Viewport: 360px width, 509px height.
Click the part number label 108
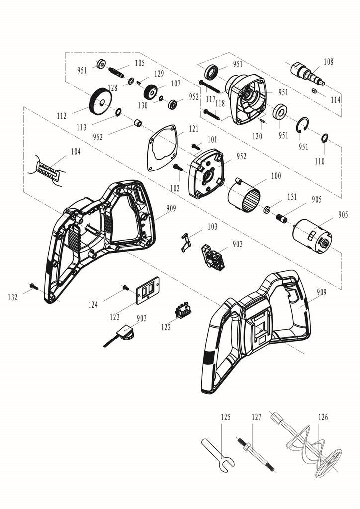point(328,62)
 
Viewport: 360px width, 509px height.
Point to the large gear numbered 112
point(100,102)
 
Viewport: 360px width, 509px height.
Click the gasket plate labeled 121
point(163,148)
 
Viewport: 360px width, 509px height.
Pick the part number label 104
point(75,151)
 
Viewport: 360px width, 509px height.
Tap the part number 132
point(13,297)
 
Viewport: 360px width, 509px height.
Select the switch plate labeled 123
point(147,290)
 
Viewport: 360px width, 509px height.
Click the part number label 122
point(166,327)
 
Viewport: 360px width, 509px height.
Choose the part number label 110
point(320,161)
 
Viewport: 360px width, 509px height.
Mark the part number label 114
point(336,100)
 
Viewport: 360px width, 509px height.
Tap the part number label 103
point(212,227)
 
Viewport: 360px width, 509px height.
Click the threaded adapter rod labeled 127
point(256,455)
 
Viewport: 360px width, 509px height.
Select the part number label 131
point(291,197)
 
